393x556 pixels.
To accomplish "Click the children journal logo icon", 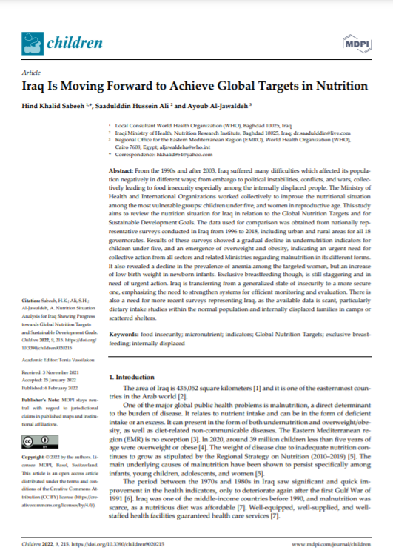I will click(32, 45).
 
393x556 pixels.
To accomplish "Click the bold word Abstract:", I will click(122, 170).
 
